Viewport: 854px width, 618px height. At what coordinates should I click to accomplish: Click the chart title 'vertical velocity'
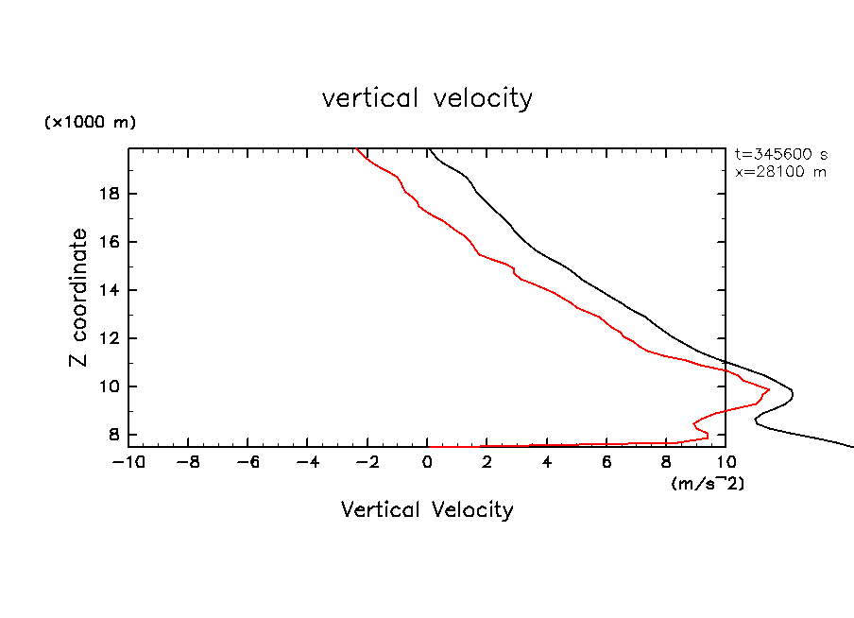pos(427,98)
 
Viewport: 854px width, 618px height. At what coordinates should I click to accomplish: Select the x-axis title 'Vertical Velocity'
pos(427,510)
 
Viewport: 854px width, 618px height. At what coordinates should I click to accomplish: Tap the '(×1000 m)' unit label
pos(90,123)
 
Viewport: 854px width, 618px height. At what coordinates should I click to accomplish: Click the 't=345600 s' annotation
pos(780,154)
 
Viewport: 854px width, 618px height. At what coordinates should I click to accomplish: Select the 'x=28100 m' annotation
pos(780,172)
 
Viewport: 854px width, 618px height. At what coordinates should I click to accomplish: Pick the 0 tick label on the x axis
pos(428,462)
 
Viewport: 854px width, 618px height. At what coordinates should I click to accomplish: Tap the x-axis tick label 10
pos(726,462)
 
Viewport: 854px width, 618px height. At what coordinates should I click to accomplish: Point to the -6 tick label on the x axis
pos(248,462)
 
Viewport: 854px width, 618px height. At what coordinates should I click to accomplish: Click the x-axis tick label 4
pos(547,462)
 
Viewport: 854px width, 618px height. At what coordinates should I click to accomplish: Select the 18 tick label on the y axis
pos(110,194)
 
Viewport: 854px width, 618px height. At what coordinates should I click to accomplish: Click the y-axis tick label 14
pos(110,290)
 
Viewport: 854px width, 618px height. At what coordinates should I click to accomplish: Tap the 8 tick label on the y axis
pos(114,435)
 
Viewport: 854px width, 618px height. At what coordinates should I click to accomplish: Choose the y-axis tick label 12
pos(110,338)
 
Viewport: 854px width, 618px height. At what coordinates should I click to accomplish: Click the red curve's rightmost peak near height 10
pos(769,389)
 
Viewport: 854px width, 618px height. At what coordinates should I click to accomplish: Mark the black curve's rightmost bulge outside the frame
pos(792,396)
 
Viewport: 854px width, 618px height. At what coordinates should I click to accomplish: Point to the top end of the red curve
pos(355,149)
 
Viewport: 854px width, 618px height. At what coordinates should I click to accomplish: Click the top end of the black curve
pos(428,149)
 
